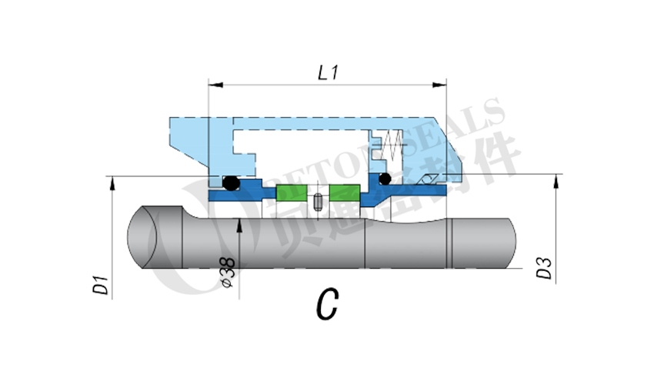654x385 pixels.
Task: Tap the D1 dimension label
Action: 99,284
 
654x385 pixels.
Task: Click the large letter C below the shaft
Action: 326,305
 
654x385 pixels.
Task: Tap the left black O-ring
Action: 229,183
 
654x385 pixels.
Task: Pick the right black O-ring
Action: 384,179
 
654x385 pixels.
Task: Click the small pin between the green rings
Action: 317,203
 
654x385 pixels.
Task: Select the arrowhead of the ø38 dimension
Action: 241,223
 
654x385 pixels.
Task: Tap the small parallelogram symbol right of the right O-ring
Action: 426,180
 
